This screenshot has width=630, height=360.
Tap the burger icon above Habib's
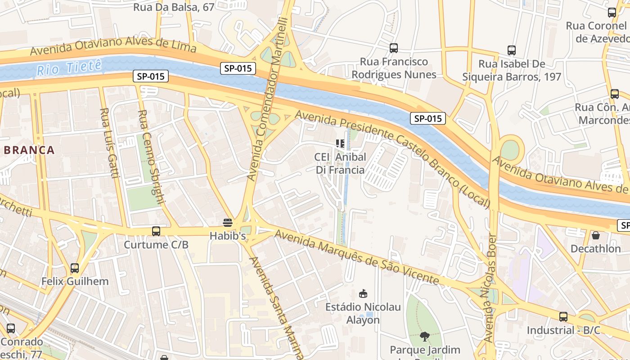point(228,222)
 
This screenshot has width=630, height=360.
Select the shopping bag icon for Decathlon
point(595,235)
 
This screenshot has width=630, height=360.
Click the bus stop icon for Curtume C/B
point(156,231)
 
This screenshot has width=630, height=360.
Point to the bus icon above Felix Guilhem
point(75,268)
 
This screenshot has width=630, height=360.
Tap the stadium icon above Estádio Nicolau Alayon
point(363,294)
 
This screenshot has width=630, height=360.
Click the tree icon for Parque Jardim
point(424,336)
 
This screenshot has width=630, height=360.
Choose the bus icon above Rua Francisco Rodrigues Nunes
point(394,48)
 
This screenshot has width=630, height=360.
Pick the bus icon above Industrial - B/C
point(563,316)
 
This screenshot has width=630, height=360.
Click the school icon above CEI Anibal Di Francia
point(340,144)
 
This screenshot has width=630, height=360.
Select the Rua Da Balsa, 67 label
point(174,7)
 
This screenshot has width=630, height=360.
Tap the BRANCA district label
point(29,150)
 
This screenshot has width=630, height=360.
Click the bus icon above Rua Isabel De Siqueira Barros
point(511,50)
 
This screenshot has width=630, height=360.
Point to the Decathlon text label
point(595,248)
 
